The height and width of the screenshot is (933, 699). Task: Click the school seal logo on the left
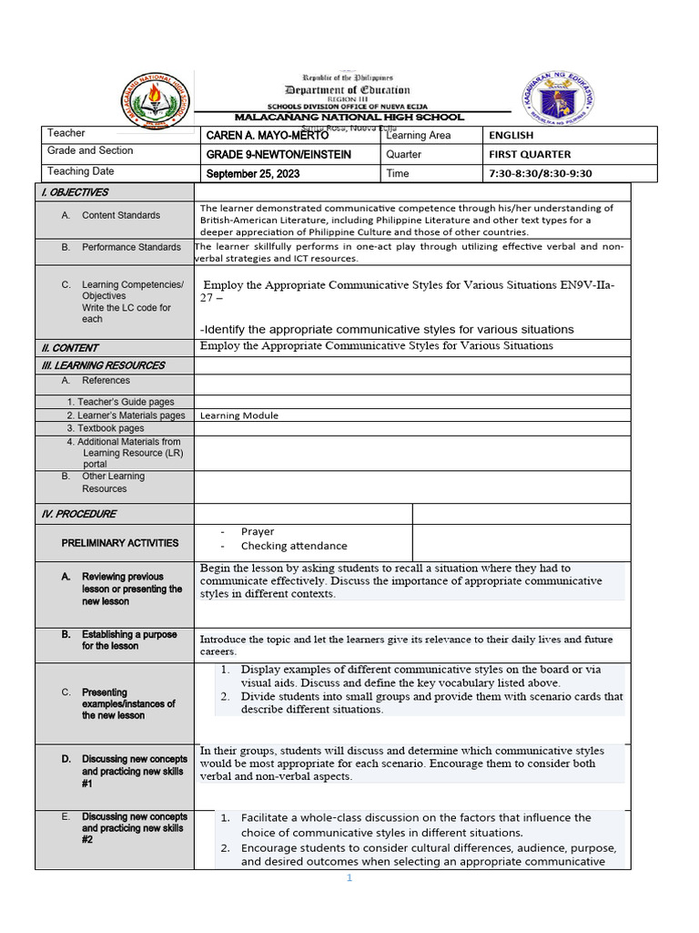pyautogui.click(x=157, y=97)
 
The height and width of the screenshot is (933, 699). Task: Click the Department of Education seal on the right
pyautogui.click(x=559, y=97)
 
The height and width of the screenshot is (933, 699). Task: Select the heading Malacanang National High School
pyautogui.click(x=349, y=118)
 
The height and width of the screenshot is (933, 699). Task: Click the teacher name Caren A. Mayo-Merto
pyautogui.click(x=268, y=136)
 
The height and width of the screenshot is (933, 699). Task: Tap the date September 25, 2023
pyautogui.click(x=252, y=174)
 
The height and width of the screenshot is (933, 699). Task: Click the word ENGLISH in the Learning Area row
pyautogui.click(x=511, y=136)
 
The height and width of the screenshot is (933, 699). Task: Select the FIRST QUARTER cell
pyautogui.click(x=530, y=155)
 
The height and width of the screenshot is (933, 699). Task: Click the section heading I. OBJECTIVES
pyautogui.click(x=74, y=192)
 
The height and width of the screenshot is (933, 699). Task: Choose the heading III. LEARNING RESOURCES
pyautogui.click(x=103, y=365)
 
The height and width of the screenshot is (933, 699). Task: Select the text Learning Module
pyautogui.click(x=239, y=415)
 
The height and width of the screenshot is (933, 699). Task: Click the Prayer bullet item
pyautogui.click(x=258, y=531)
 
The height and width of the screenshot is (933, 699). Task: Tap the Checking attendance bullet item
pyautogui.click(x=294, y=546)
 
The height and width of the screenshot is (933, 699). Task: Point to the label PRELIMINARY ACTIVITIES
pyautogui.click(x=120, y=543)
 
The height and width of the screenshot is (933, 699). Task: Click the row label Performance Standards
pyautogui.click(x=131, y=247)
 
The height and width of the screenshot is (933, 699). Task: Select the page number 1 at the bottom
pyautogui.click(x=348, y=878)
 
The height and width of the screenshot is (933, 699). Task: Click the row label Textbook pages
pyautogui.click(x=105, y=428)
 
